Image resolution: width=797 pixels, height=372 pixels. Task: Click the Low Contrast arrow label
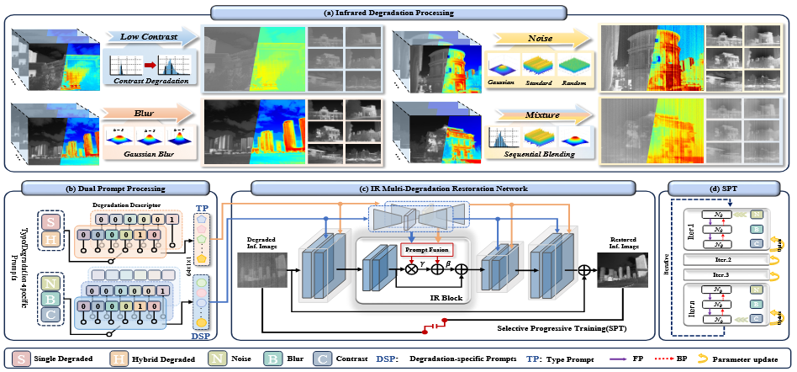click(x=144, y=36)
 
